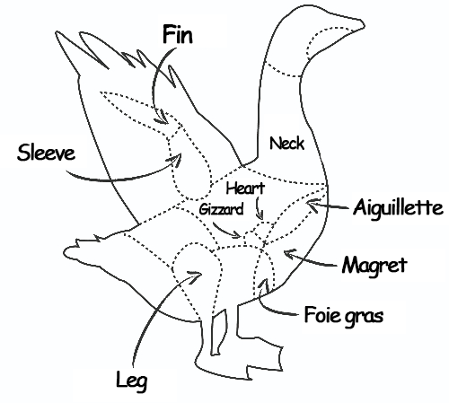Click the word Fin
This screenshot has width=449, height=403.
pos(178,35)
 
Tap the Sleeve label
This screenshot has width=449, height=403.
pos(46,153)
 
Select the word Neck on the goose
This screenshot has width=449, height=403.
pos(286,144)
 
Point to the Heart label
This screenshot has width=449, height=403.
pos(245,188)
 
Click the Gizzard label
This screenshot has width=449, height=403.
pos(221,209)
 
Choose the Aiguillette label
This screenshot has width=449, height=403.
pos(398,207)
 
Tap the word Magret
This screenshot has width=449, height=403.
pos(374,266)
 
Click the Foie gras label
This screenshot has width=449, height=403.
pos(344,315)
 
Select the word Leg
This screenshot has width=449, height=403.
pos(132,381)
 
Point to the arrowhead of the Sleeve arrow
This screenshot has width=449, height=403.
pos(176,158)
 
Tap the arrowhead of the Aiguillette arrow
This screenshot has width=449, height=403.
pos(311,205)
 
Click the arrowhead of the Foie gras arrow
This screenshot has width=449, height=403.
pos(264,284)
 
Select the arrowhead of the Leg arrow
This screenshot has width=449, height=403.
pos(197,275)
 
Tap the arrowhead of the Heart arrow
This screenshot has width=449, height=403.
pos(260,216)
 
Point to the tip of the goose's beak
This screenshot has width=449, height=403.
pos(365,26)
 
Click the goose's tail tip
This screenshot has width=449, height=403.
pos(65,251)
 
